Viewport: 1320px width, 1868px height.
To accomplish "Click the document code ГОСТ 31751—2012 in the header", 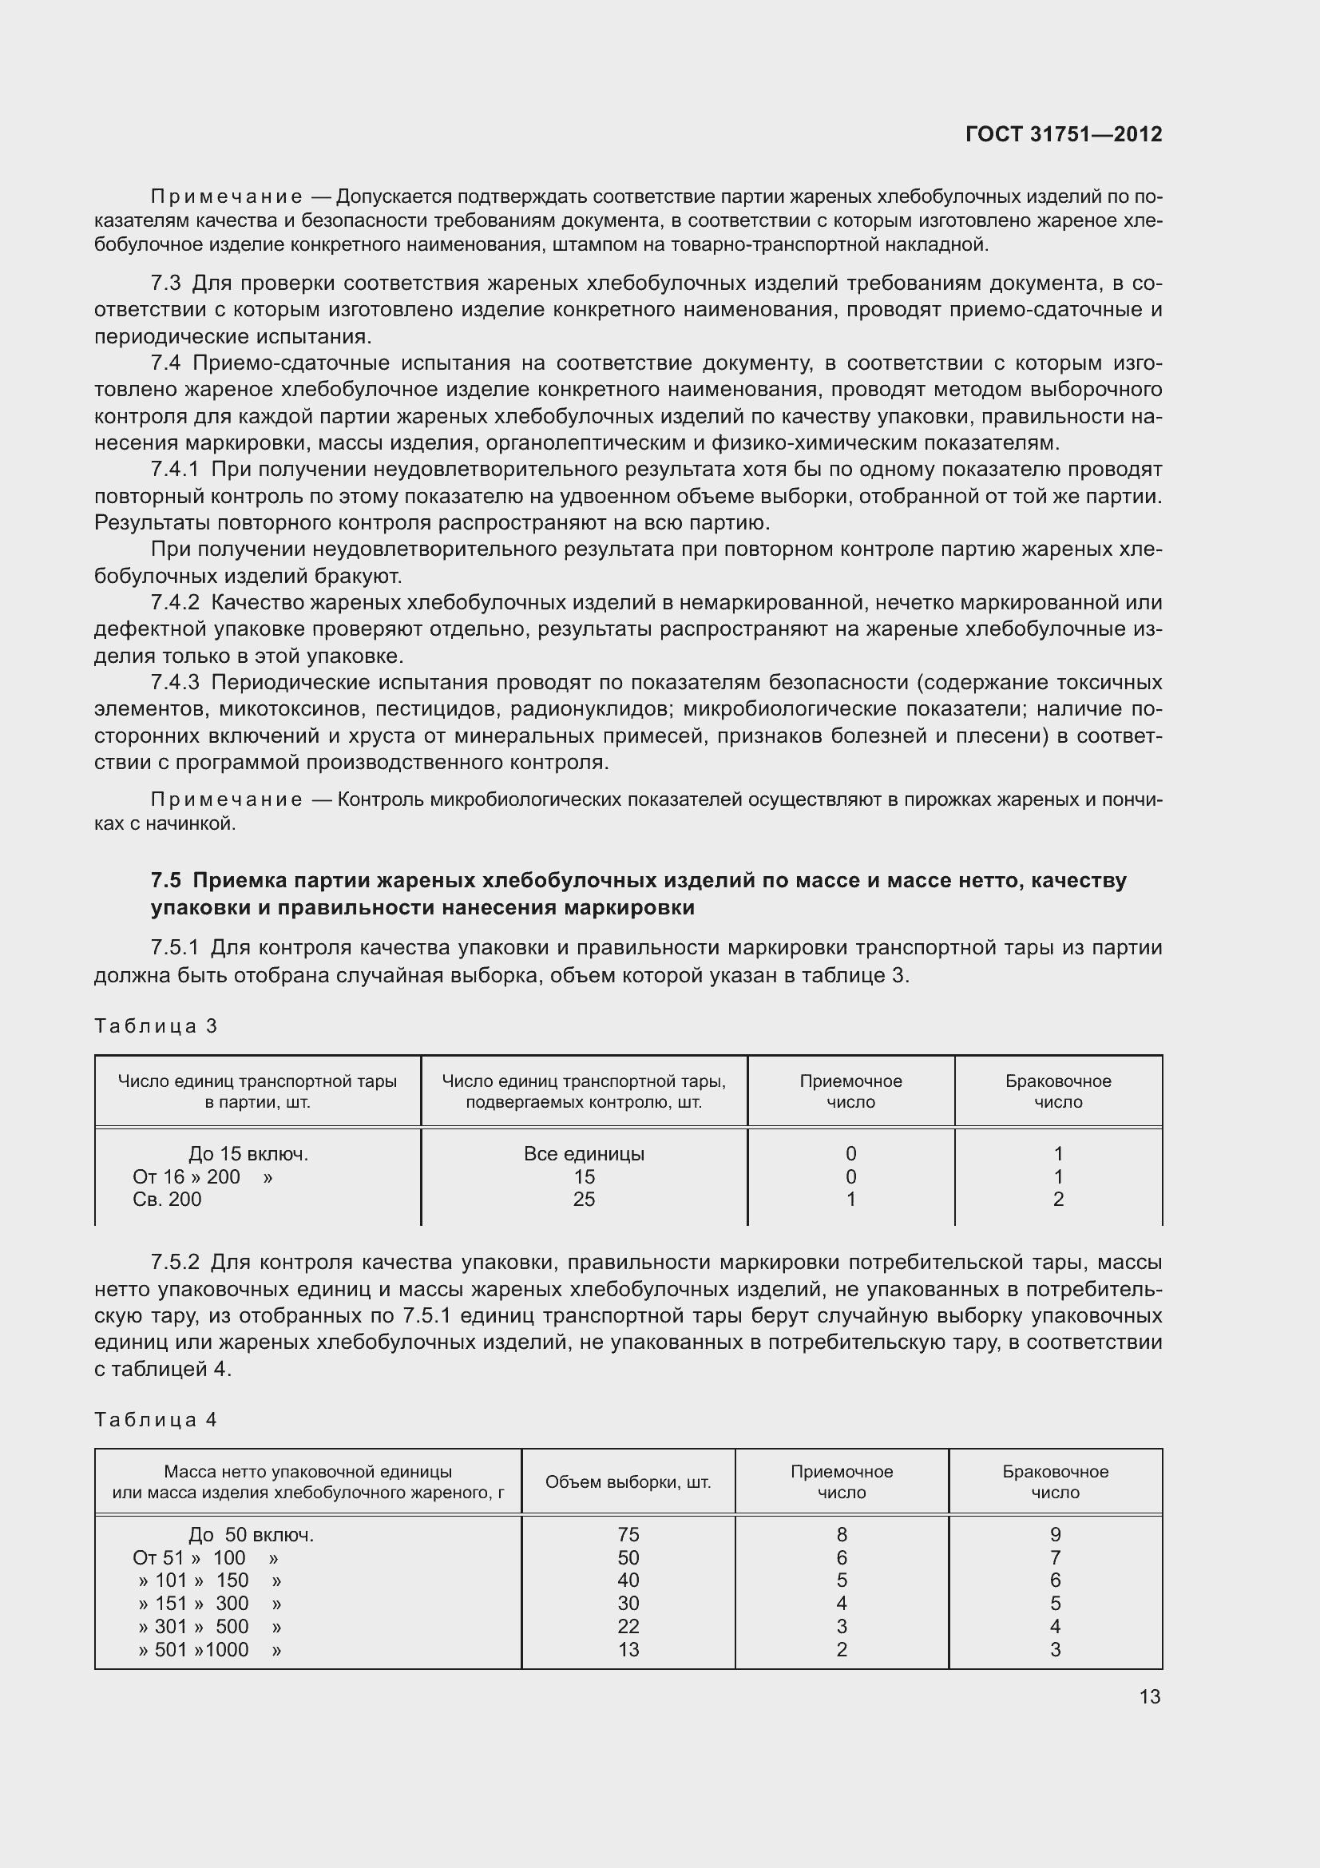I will pyautogui.click(x=1063, y=134).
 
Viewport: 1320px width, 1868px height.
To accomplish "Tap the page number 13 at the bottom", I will pyautogui.click(x=1149, y=1696).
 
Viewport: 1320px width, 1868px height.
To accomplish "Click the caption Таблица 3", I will pyautogui.click(x=157, y=1026).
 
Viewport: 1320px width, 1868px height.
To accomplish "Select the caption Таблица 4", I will pyautogui.click(x=157, y=1420).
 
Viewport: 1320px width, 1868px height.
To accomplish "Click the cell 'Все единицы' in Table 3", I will pyautogui.click(x=584, y=1154).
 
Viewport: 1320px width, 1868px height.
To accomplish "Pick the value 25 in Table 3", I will pyautogui.click(x=584, y=1200).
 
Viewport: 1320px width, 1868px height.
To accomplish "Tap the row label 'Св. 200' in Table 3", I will pyautogui.click(x=167, y=1200).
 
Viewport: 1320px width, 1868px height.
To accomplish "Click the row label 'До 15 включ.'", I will pyautogui.click(x=248, y=1154).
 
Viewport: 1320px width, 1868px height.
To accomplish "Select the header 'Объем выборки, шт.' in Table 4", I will pyautogui.click(x=628, y=1482).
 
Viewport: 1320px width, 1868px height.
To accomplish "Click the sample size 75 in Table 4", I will pyautogui.click(x=628, y=1534).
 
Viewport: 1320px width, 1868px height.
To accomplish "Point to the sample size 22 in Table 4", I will pyautogui.click(x=628, y=1626).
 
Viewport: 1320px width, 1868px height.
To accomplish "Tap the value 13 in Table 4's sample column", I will pyautogui.click(x=628, y=1649).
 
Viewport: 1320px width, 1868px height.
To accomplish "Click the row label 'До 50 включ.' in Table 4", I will pyautogui.click(x=251, y=1535).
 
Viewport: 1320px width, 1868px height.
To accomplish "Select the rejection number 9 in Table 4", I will pyautogui.click(x=1055, y=1534).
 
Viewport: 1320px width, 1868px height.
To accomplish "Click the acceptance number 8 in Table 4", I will pyautogui.click(x=842, y=1534).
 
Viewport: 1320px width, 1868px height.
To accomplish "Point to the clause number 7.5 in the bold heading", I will pyautogui.click(x=166, y=881).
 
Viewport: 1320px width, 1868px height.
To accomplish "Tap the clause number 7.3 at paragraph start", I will pyautogui.click(x=166, y=284).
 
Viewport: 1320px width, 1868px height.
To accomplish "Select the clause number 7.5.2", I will pyautogui.click(x=175, y=1263).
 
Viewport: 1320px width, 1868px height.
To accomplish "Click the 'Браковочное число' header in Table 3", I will pyautogui.click(x=1058, y=1091).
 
